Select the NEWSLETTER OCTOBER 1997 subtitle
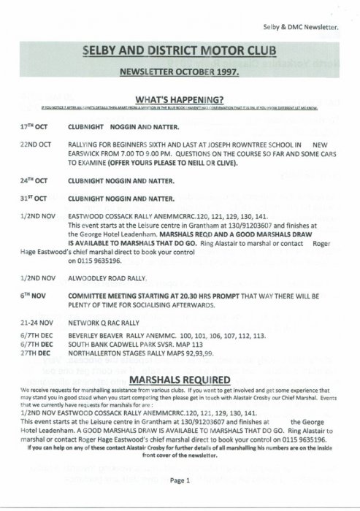(180, 74)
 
